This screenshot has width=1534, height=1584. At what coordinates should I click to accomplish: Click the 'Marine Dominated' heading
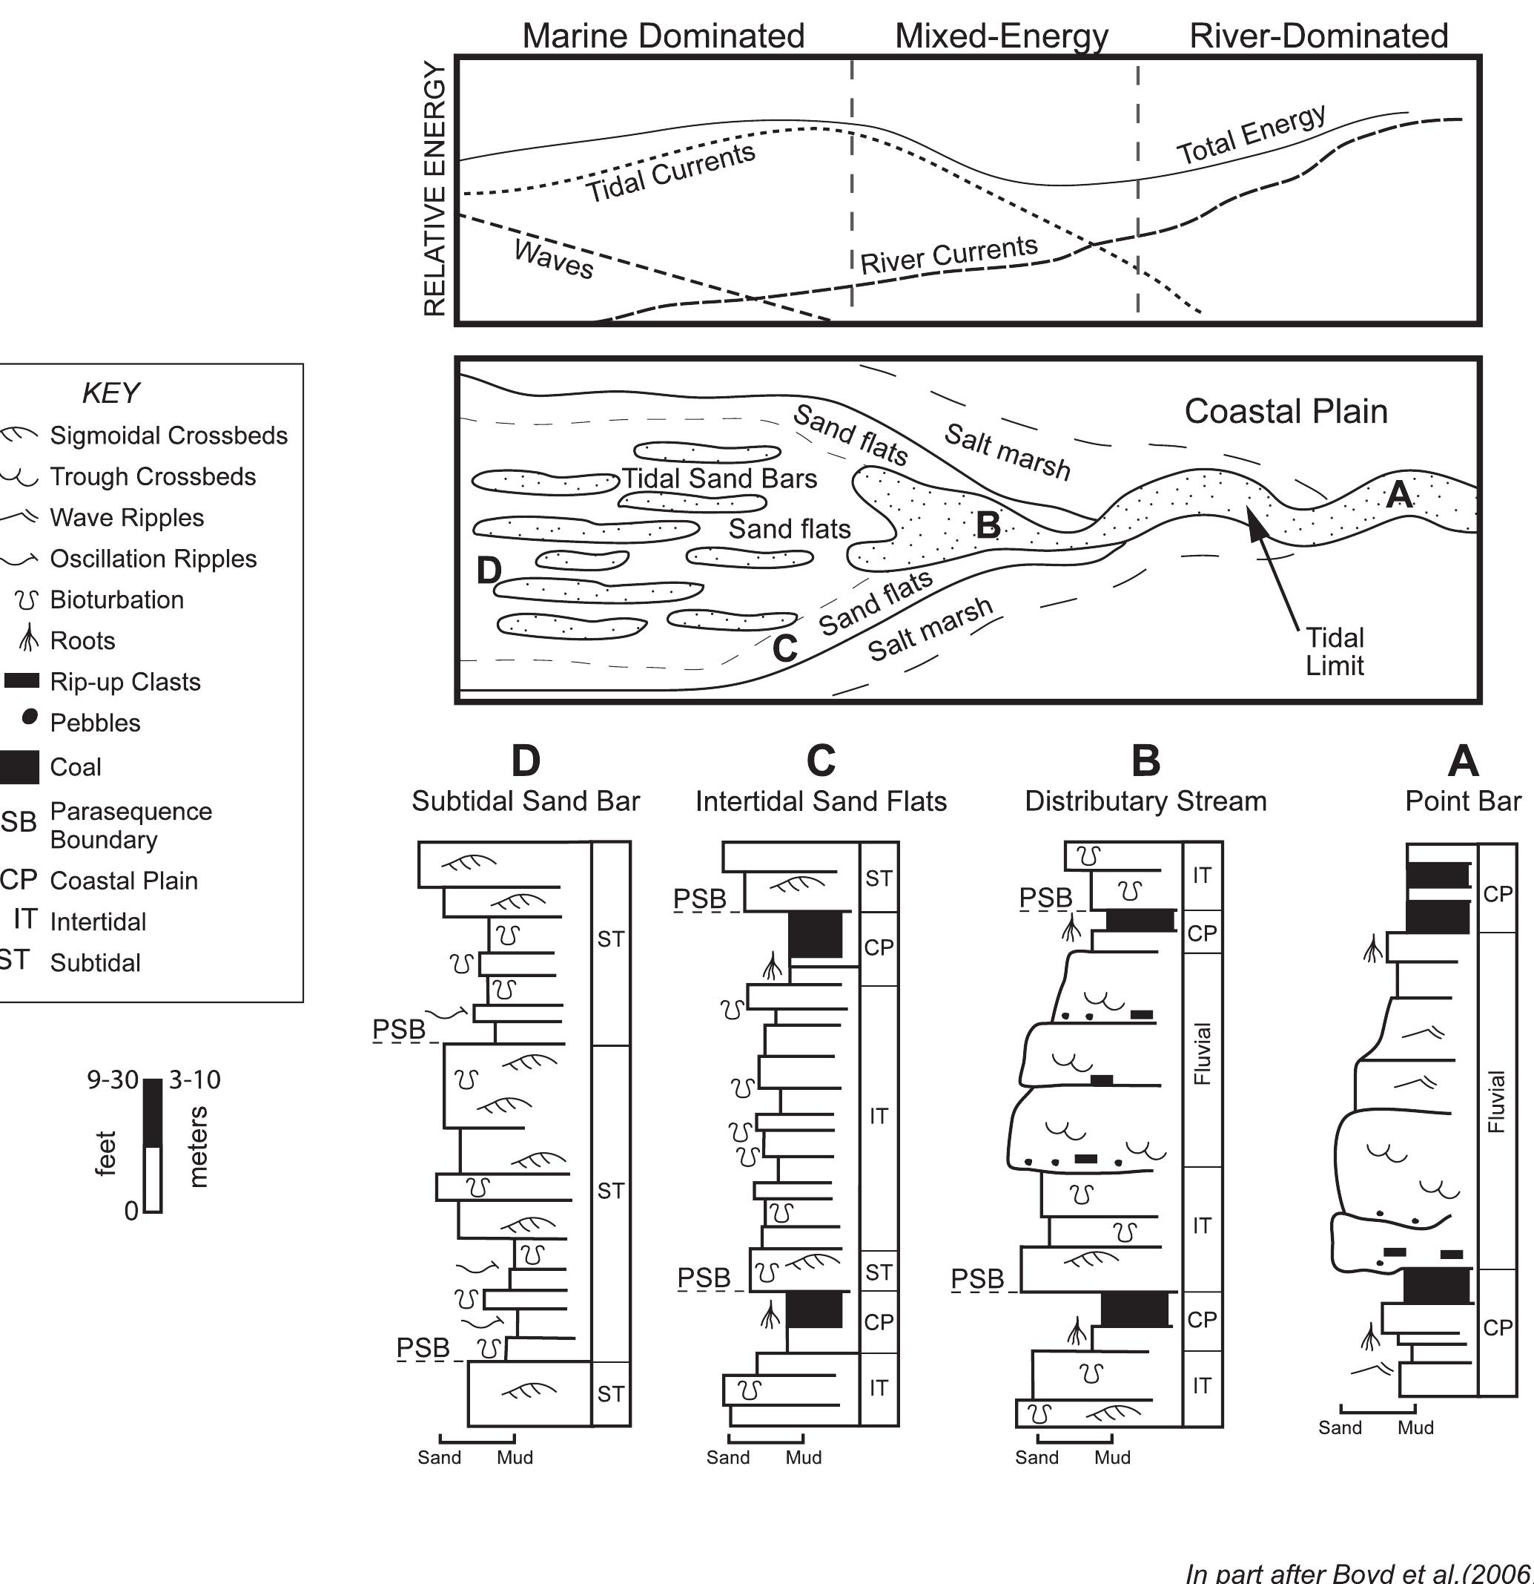(x=663, y=36)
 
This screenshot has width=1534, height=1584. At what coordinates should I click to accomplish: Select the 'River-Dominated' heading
(x=1318, y=36)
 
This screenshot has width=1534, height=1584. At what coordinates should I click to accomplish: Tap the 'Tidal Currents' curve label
(x=670, y=174)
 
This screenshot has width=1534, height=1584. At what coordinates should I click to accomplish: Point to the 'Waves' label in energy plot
(x=554, y=260)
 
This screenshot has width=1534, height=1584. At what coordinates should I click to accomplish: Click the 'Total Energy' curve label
(x=1251, y=135)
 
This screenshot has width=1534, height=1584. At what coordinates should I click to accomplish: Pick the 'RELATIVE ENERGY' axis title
(x=434, y=189)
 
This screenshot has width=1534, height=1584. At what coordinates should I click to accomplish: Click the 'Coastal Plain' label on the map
(x=1285, y=411)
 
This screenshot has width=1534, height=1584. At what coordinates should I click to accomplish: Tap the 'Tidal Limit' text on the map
(x=1335, y=651)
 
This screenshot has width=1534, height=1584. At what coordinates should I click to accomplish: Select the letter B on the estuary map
(x=988, y=525)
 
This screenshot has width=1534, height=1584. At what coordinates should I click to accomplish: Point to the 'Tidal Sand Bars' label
(x=719, y=479)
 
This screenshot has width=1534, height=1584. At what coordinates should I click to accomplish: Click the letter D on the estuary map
(x=488, y=571)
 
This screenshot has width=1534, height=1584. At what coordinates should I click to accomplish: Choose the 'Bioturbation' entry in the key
(x=116, y=599)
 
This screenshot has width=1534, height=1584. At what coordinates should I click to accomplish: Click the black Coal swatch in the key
(x=18, y=767)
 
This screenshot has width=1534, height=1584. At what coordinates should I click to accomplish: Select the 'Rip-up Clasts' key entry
(x=125, y=681)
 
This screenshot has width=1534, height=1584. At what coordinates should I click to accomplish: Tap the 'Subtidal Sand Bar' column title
(x=525, y=801)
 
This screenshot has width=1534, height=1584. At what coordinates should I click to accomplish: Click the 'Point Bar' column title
(x=1463, y=801)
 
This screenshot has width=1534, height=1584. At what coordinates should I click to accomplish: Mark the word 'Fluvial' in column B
(x=1203, y=1054)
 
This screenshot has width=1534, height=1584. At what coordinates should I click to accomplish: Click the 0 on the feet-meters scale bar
(x=132, y=1212)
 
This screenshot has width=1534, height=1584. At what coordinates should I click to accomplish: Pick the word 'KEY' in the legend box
(x=110, y=393)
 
